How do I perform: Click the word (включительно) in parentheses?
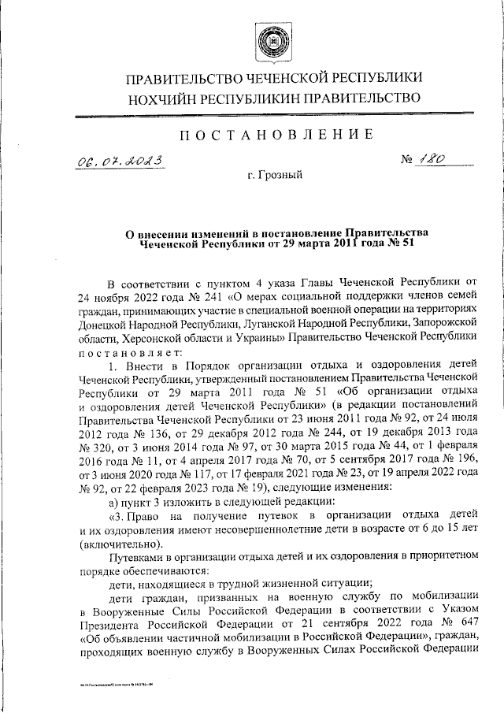(x=118, y=545)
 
